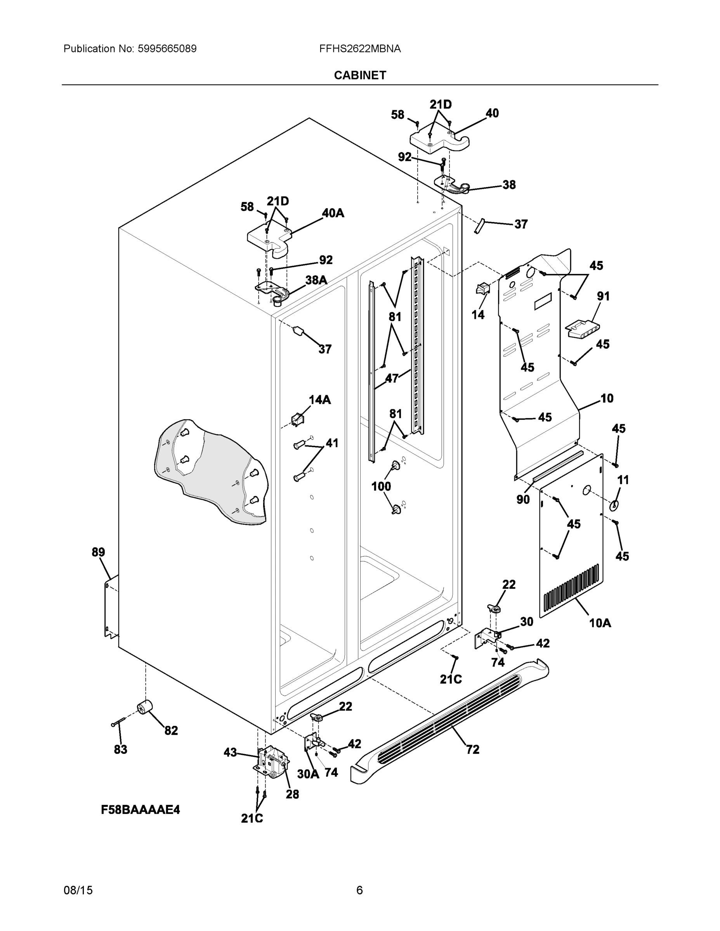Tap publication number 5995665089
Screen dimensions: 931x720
coord(167,49)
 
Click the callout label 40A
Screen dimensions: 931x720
coord(333,213)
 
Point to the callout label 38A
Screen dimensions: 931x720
coord(316,280)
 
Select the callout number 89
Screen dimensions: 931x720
coord(98,552)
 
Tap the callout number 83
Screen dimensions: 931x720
coord(120,749)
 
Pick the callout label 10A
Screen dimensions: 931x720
coord(600,623)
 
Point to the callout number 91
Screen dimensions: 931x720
coord(603,296)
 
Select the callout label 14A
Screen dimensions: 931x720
coord(319,400)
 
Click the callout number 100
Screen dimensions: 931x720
coord(381,486)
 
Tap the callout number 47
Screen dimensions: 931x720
coord(392,378)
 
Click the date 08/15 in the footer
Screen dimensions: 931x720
coord(78,890)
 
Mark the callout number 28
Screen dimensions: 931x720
coord(292,794)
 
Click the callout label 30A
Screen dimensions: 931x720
coord(308,774)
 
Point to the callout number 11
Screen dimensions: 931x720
coord(623,480)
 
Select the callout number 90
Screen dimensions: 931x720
coord(523,499)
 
